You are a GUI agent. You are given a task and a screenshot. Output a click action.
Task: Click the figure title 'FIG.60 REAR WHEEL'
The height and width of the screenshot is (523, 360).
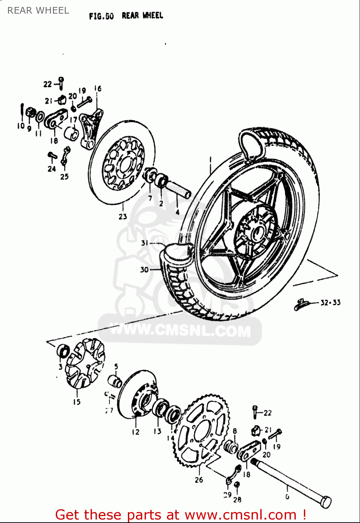(x=126, y=16)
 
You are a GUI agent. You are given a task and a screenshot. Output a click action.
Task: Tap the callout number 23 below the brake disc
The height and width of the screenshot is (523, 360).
(x=123, y=217)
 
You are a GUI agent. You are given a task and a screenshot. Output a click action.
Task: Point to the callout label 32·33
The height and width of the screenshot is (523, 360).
(x=330, y=302)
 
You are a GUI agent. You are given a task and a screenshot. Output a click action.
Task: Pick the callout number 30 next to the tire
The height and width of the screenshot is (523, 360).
(x=144, y=270)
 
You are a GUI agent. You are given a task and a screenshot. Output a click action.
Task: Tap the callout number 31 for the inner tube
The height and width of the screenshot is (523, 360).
(x=145, y=243)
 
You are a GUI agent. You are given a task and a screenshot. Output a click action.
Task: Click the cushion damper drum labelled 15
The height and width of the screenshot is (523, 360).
(x=85, y=364)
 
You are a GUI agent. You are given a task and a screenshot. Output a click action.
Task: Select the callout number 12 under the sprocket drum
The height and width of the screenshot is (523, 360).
(x=136, y=432)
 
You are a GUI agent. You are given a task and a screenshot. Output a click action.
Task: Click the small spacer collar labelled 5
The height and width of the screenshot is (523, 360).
(x=115, y=381)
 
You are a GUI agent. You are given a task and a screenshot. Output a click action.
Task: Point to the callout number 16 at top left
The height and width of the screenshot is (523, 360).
(x=98, y=89)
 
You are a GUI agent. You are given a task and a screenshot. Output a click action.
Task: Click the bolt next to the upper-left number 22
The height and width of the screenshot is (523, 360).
(x=61, y=83)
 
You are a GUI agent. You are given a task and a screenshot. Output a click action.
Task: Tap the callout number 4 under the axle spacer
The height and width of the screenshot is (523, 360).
(x=177, y=212)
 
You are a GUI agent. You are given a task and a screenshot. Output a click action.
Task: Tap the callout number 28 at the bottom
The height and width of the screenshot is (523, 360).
(x=237, y=500)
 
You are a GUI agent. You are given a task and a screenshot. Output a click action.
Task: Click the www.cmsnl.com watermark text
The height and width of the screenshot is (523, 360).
(x=180, y=330)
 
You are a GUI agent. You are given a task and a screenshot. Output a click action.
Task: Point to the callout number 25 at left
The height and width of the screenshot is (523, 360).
(x=64, y=177)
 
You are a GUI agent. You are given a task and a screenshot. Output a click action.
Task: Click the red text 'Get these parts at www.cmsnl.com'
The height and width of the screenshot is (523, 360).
(x=181, y=515)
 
